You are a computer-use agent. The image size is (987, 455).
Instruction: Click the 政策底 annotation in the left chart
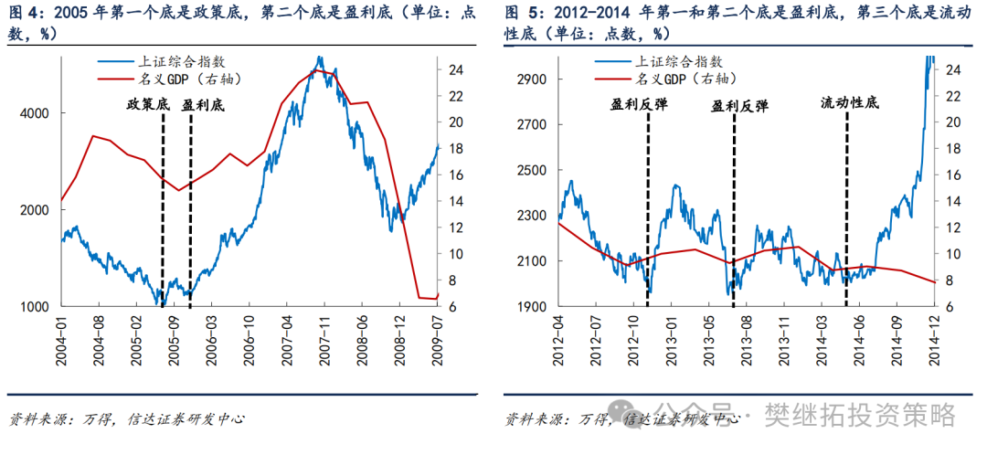point(149,105)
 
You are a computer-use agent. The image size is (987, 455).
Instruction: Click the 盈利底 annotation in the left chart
point(204,105)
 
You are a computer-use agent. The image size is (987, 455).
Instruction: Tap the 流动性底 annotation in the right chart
point(848,103)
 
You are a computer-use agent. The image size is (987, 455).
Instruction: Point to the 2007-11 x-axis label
point(324,339)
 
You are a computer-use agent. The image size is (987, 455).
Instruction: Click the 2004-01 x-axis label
point(62,339)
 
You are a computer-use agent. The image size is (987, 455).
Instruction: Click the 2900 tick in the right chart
point(533,79)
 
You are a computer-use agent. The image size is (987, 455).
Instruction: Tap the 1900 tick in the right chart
point(533,307)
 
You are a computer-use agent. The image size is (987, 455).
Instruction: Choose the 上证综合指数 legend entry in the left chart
point(174,62)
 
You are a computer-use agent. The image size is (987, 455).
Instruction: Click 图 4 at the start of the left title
point(23,14)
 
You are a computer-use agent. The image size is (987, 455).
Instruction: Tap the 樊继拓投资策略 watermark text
point(859,416)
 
